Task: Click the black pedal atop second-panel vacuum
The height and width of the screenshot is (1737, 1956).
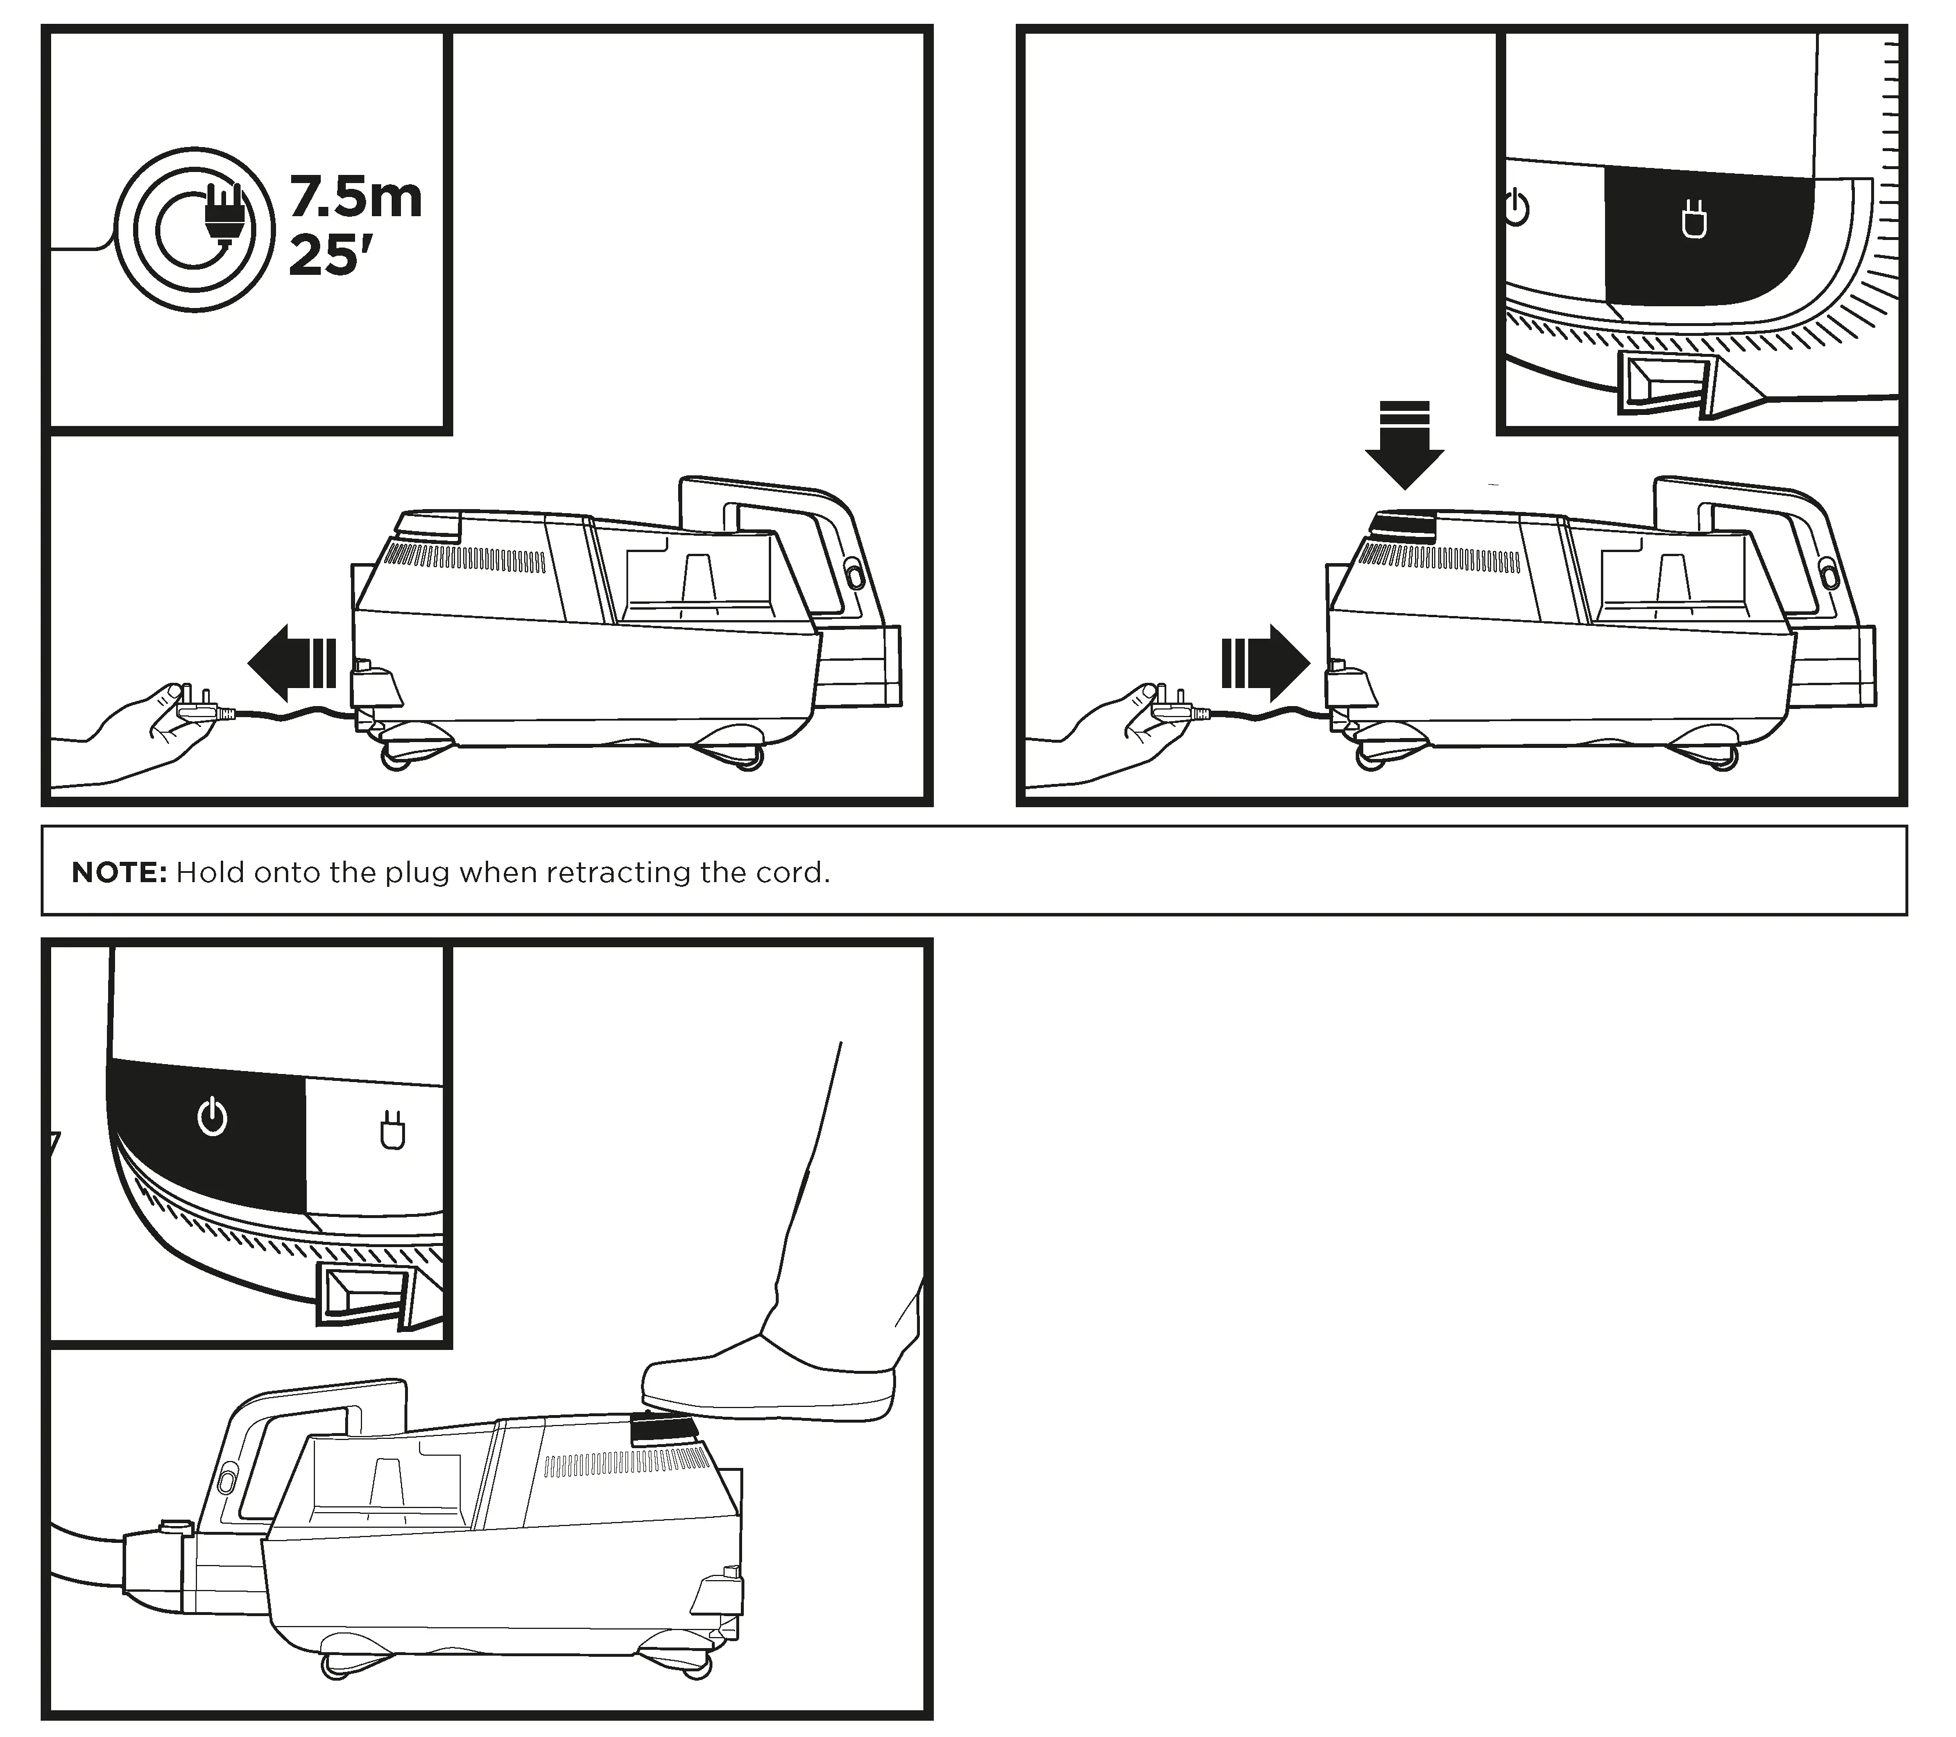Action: [1403, 524]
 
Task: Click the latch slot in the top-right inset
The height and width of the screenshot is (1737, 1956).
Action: [1665, 383]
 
